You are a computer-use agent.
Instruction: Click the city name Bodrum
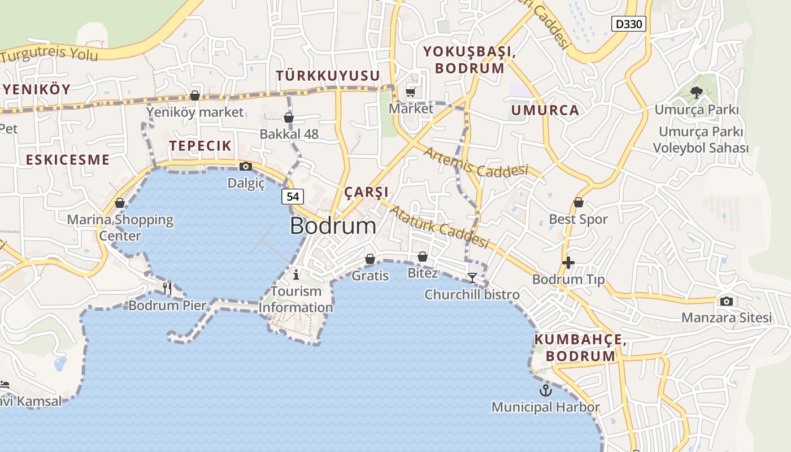333,226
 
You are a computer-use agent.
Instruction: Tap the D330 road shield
629,24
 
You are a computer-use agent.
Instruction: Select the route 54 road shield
293,197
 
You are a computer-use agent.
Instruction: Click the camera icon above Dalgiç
246,166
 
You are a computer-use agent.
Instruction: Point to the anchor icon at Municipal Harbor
545,390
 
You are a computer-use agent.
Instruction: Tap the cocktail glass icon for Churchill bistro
472,277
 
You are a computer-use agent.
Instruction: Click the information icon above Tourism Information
296,275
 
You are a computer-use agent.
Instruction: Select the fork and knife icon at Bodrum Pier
167,288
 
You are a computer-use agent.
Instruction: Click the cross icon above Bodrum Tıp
568,263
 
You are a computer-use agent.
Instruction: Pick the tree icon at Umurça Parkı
696,92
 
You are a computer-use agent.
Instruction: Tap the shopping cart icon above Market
411,92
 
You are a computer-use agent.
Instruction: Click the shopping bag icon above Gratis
370,259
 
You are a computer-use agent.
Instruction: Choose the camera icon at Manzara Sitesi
727,301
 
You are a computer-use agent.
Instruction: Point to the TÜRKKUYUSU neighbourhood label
328,76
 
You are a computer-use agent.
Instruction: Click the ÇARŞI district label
366,192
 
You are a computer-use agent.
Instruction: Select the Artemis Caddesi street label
476,162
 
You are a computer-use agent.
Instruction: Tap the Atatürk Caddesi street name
439,227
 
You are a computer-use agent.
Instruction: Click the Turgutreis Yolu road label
50,55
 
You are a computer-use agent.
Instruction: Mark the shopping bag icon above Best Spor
579,202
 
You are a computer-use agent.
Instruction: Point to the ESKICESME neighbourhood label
68,160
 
